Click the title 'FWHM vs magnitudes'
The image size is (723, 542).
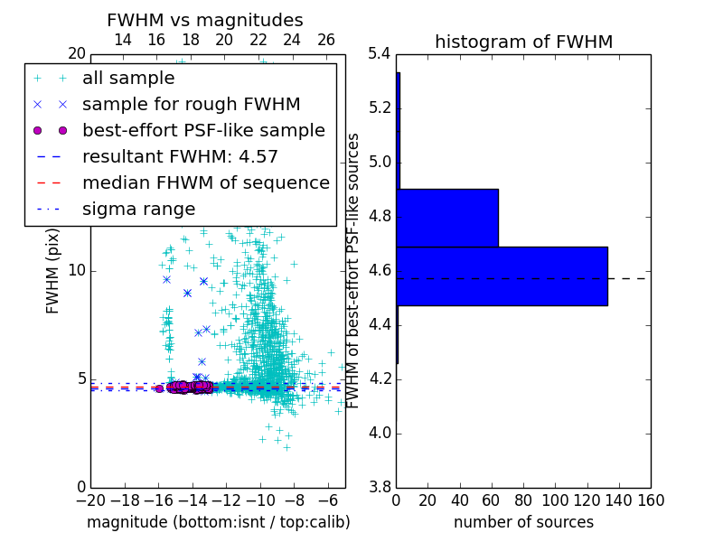(205, 20)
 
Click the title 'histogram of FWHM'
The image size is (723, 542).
(523, 42)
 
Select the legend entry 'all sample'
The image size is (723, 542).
(128, 79)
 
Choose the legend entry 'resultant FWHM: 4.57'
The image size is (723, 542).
(180, 156)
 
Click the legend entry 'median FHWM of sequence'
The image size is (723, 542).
(205, 182)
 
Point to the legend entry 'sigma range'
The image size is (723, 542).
(138, 209)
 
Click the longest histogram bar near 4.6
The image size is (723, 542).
(502, 276)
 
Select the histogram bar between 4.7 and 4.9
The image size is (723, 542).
(447, 218)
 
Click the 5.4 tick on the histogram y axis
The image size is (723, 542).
(380, 54)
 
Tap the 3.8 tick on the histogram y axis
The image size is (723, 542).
(380, 487)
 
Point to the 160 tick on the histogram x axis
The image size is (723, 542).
(651, 500)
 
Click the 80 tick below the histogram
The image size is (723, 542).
(523, 500)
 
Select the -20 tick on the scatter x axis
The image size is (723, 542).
(90, 500)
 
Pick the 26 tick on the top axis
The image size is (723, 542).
(326, 40)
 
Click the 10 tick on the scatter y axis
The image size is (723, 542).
(77, 271)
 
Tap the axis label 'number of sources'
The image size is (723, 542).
(523, 522)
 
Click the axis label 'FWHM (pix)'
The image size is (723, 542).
(53, 271)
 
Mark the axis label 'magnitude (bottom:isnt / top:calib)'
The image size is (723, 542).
(218, 522)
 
